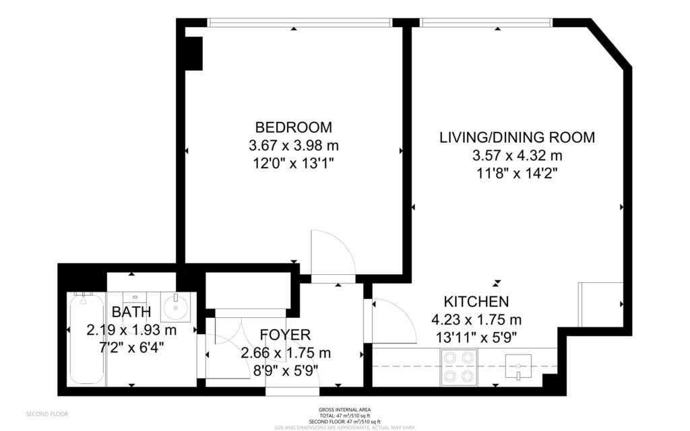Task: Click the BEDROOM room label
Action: coord(293,127)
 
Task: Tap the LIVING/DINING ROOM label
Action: coord(517,137)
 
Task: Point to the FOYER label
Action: coord(285,335)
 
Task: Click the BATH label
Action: coord(131,312)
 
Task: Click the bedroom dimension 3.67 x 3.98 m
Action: coord(293,145)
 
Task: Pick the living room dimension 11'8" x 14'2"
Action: coord(517,173)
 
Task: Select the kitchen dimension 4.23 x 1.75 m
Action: coord(476,319)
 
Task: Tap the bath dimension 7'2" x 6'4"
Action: coord(131,347)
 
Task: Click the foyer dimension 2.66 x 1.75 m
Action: coord(285,352)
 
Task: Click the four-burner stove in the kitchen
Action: coord(458,368)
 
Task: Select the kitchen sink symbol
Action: coord(519,368)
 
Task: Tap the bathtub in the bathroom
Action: coord(86,339)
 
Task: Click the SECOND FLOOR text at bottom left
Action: coord(46,413)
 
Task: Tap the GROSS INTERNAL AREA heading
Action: coord(344,409)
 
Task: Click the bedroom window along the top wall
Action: coord(299,22)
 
